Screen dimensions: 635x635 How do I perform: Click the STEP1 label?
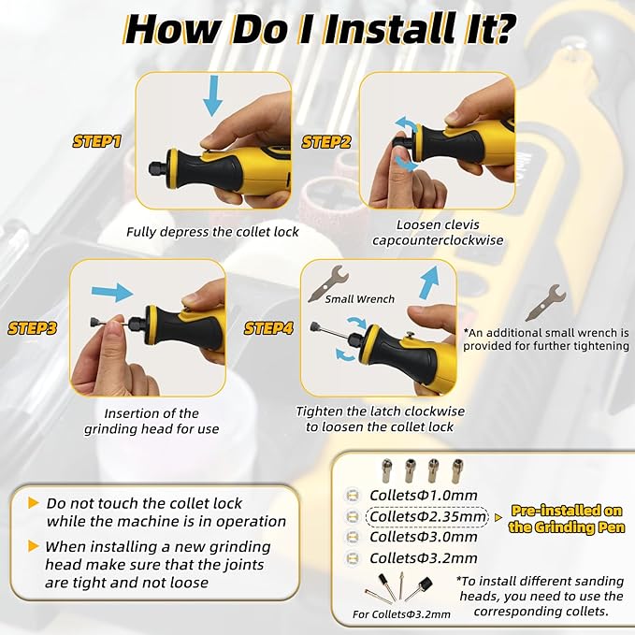tap(96, 142)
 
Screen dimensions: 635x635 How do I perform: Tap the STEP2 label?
tap(326, 142)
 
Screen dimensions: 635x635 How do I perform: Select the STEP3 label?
tap(32, 328)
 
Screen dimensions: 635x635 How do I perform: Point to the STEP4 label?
tap(268, 328)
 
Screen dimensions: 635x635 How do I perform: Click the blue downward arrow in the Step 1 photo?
tap(212, 96)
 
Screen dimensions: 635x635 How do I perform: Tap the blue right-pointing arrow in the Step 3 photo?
tap(112, 292)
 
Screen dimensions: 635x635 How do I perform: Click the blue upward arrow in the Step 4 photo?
tap(429, 282)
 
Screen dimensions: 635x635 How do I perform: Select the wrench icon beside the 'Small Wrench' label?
tap(328, 284)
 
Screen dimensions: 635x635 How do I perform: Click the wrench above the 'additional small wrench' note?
tap(545, 302)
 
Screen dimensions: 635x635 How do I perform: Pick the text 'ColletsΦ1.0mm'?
tap(424, 495)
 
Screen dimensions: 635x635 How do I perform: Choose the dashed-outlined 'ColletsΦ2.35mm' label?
tap(426, 517)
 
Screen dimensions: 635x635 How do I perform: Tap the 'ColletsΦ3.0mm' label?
tap(424, 537)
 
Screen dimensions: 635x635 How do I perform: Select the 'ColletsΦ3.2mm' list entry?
tap(424, 558)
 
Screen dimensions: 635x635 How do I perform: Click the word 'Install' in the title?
tap(392, 29)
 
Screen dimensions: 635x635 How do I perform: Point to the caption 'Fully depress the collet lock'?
tap(212, 232)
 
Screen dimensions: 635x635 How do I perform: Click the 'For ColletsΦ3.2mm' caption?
tap(401, 614)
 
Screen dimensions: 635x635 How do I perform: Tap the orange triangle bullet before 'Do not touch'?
tap(34, 503)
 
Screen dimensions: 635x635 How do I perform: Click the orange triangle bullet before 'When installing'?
tap(34, 546)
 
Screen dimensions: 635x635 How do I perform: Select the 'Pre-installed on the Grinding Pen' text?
tap(567, 519)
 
